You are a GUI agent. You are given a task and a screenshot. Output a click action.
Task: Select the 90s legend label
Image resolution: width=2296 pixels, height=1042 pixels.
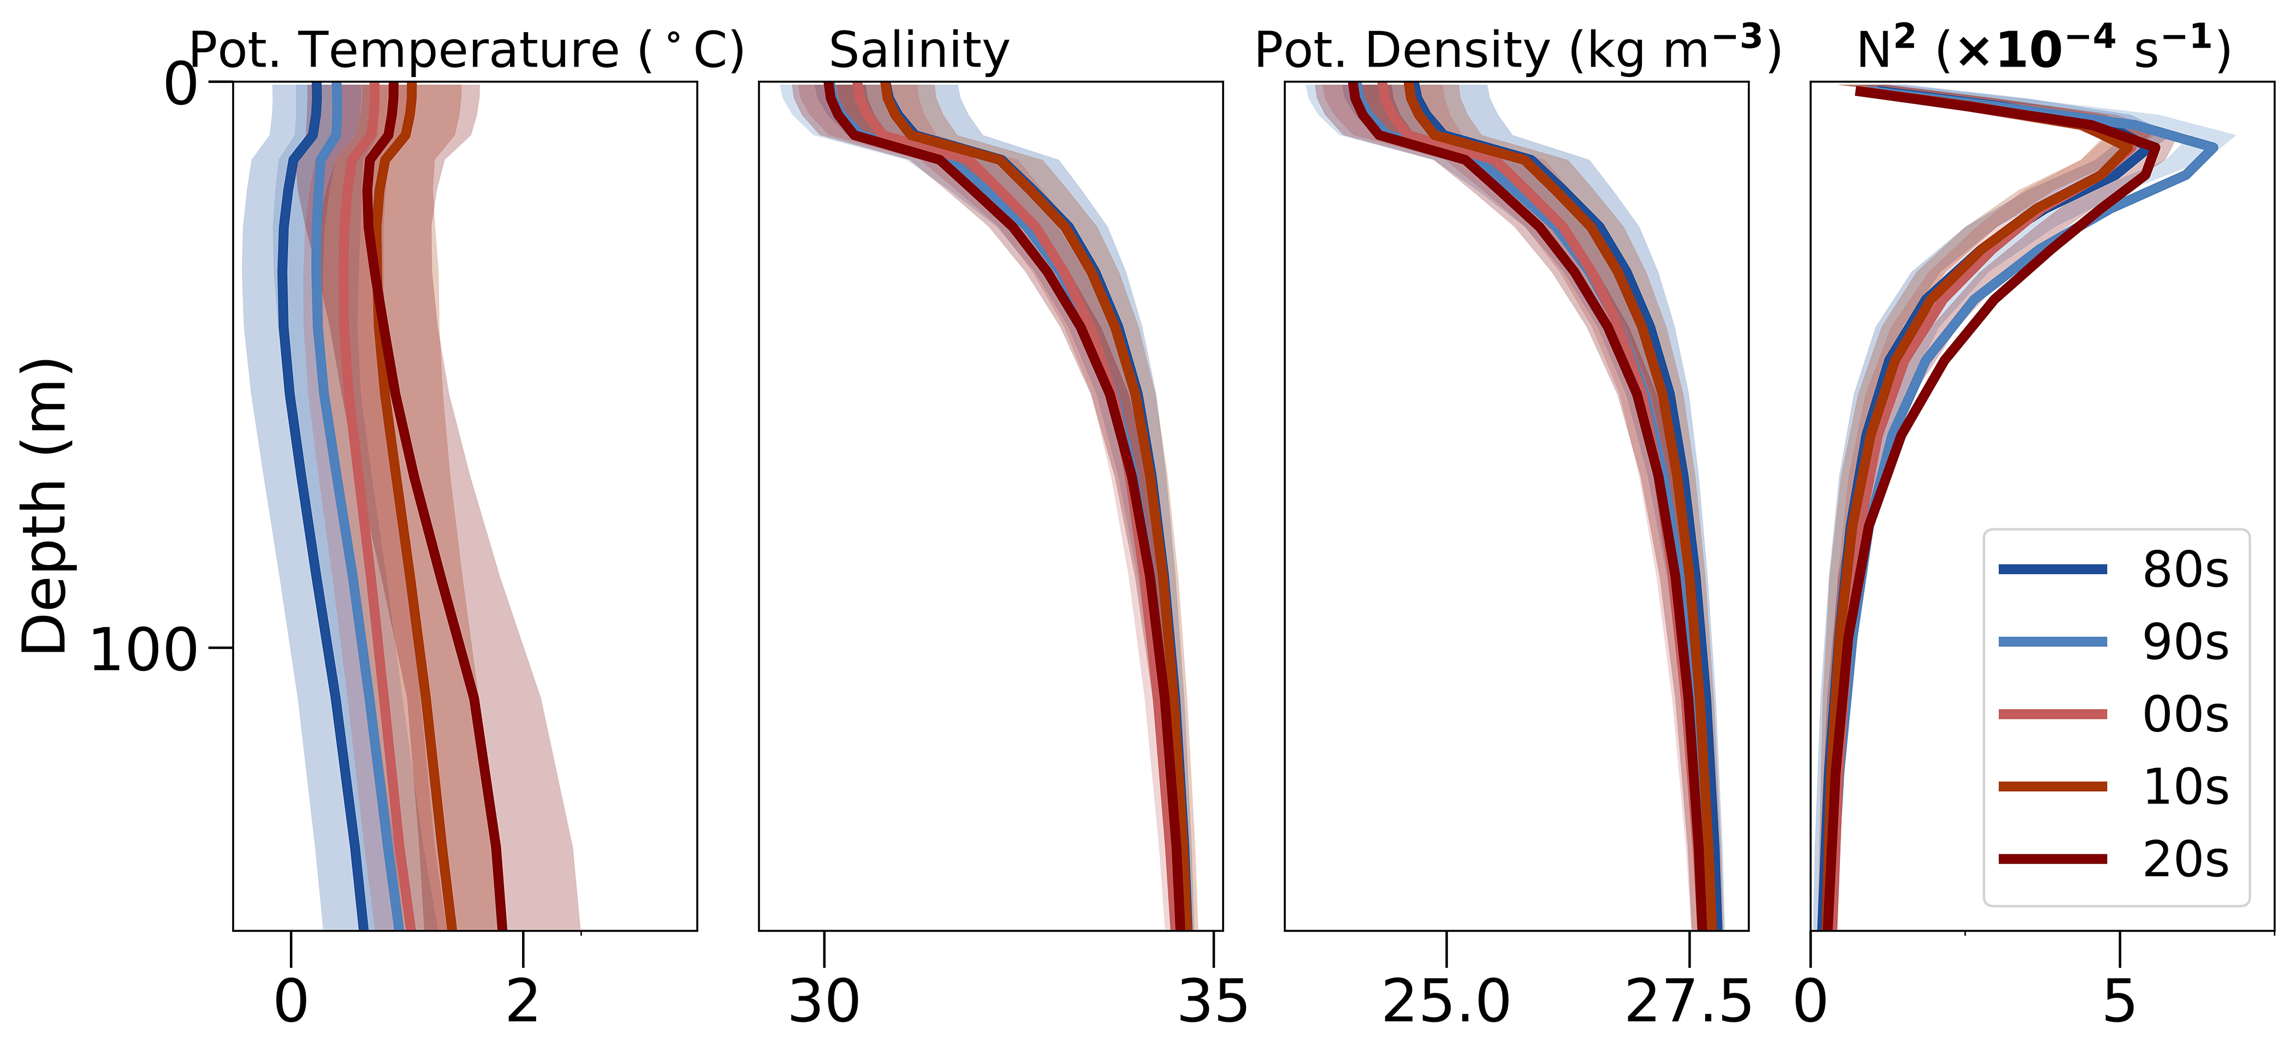(2186, 642)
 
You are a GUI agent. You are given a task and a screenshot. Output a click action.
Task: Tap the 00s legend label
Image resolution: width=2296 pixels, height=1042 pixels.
(2186, 714)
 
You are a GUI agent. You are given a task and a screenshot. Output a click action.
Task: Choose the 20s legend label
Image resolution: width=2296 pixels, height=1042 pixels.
(2186, 859)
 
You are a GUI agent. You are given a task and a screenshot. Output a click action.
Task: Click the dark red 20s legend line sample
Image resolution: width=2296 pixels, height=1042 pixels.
(2052, 859)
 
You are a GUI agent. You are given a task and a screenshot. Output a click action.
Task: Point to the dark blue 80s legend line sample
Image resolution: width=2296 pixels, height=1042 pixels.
(2052, 569)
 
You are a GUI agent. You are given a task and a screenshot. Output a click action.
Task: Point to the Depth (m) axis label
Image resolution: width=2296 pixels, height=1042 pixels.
(45, 507)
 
